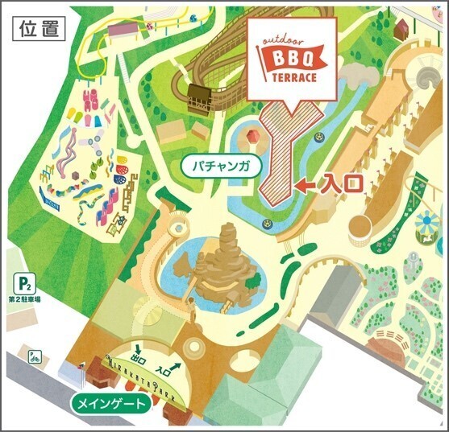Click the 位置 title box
tap(37, 27)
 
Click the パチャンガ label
tap(221, 167)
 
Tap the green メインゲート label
tap(111, 402)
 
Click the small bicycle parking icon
tap(35, 354)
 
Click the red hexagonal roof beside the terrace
tap(252, 135)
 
